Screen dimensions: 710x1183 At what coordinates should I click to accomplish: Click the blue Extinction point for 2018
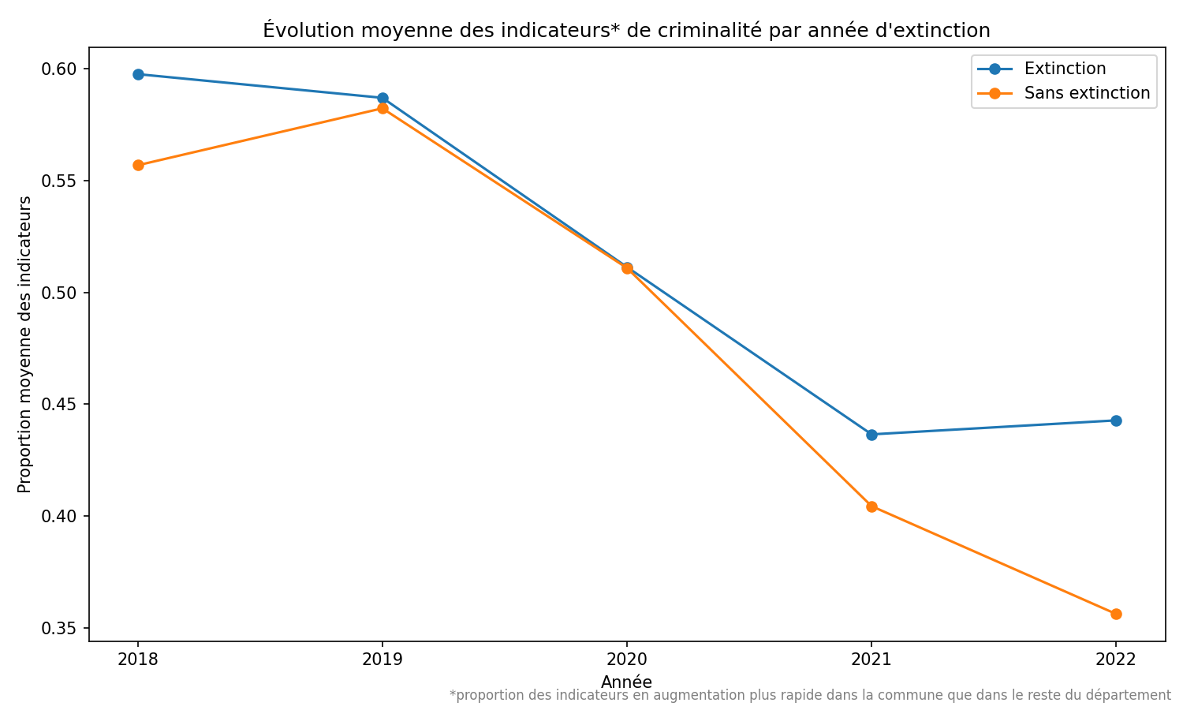tap(138, 74)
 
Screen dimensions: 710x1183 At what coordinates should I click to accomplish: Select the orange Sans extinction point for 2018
tap(138, 166)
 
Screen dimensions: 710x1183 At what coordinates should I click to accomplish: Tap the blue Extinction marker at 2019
tap(383, 98)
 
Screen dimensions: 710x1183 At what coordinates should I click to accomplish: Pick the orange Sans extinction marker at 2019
tap(383, 109)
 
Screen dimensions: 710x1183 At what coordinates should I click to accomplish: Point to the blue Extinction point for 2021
tap(871, 435)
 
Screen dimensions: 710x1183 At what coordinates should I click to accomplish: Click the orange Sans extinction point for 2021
tap(871, 506)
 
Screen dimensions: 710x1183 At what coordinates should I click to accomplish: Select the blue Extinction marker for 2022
tap(1116, 420)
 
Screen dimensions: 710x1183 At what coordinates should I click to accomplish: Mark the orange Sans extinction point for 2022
tap(1116, 614)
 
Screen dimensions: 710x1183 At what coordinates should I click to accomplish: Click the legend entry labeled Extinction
tap(1065, 69)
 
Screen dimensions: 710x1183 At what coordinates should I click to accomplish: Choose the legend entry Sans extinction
tap(1087, 93)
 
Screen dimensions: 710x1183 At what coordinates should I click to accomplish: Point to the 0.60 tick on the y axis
tap(64, 69)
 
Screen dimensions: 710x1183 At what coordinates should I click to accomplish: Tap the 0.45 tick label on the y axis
tap(64, 405)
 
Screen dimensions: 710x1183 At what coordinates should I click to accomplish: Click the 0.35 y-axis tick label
tap(64, 629)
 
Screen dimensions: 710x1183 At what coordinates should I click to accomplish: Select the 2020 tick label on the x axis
tap(627, 660)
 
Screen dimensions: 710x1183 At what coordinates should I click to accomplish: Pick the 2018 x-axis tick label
tap(138, 660)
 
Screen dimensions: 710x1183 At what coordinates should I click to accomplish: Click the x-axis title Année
tap(626, 682)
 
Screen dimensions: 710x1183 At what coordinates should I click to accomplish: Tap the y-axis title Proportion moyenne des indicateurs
tap(25, 345)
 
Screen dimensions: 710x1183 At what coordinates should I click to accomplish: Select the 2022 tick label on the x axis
tap(1116, 660)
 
